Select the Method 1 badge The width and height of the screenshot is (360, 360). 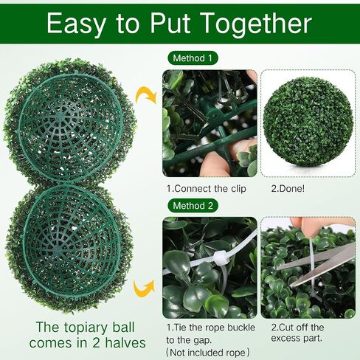193,58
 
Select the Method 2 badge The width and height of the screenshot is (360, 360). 193,206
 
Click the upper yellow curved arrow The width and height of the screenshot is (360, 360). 146,95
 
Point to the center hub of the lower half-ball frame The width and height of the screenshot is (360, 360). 58,249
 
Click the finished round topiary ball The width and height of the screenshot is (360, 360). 308,122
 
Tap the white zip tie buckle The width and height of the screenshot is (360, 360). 219,258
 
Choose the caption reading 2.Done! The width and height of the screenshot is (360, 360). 288,189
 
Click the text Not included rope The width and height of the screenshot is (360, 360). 208,353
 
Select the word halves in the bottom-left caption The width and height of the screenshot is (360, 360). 125,343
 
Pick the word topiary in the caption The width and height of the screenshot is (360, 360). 86,328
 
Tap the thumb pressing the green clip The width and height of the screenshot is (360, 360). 215,165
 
